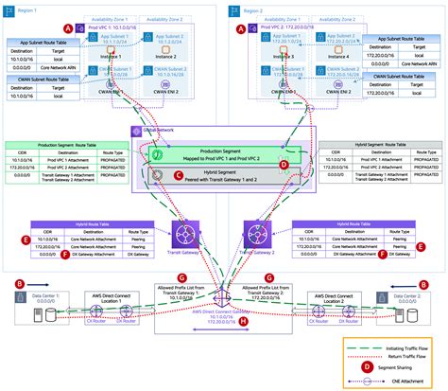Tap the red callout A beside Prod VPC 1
click(x=92, y=29)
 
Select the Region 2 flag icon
click(x=235, y=9)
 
